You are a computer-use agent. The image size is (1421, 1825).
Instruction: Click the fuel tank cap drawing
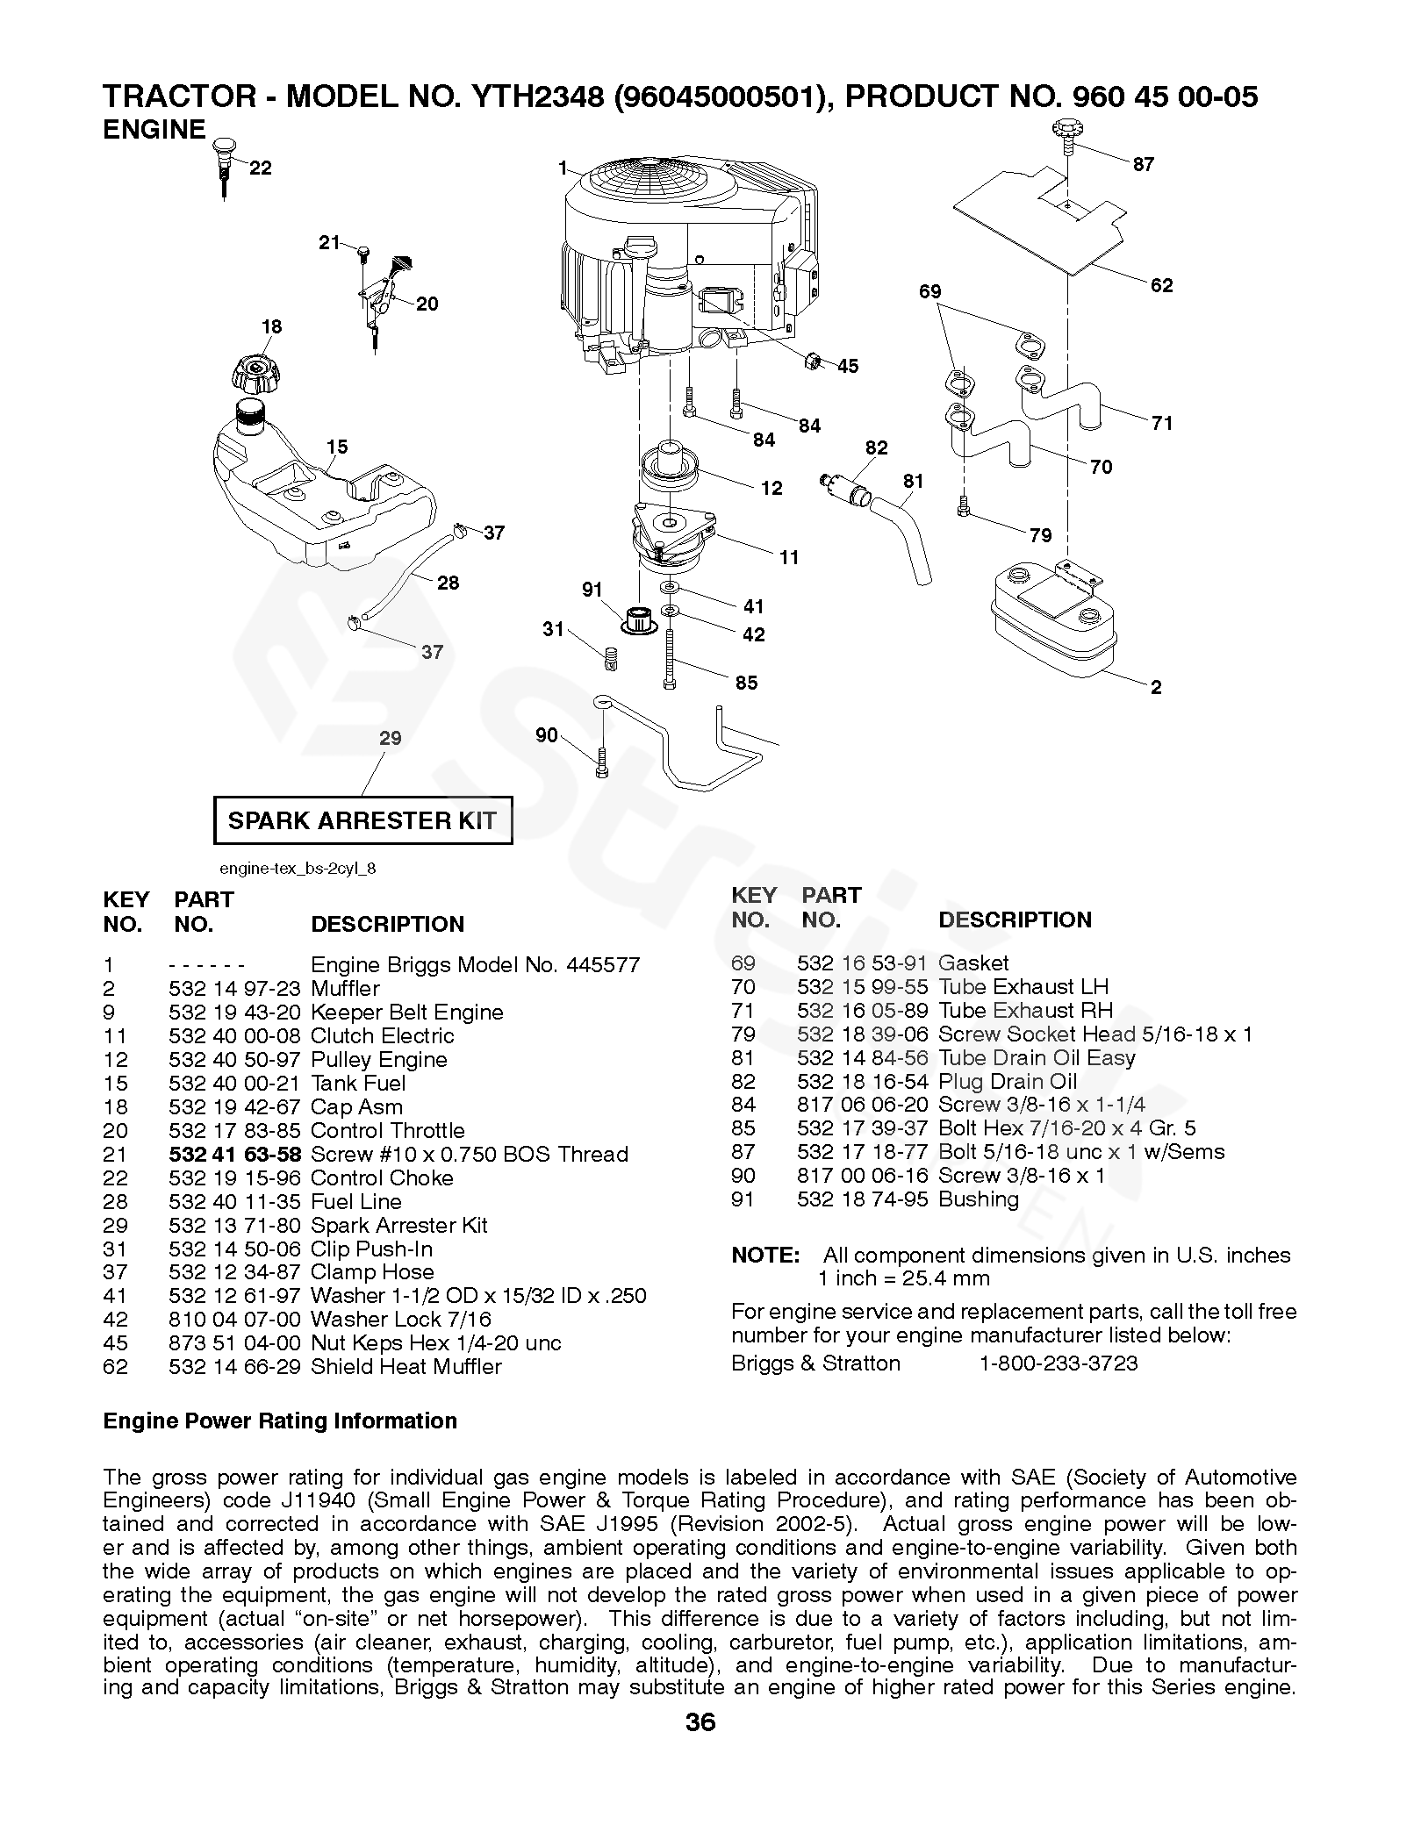pyautogui.click(x=255, y=375)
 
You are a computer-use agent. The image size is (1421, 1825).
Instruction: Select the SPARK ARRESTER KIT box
pyautogui.click(x=362, y=820)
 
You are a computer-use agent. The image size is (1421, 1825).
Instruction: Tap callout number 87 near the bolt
pyautogui.click(x=1143, y=164)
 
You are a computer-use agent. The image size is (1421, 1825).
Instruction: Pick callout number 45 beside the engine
pyautogui.click(x=847, y=366)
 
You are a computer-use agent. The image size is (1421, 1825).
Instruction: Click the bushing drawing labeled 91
pyautogui.click(x=637, y=619)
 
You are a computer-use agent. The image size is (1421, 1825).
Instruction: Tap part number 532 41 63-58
pyautogui.click(x=234, y=1155)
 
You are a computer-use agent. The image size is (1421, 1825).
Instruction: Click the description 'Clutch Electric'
pyautogui.click(x=382, y=1036)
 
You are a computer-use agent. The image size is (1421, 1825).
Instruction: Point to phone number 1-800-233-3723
pyautogui.click(x=1058, y=1363)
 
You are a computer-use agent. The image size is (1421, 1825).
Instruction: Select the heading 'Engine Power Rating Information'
pyautogui.click(x=280, y=1421)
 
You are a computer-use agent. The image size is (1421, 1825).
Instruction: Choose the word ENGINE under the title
pyautogui.click(x=154, y=130)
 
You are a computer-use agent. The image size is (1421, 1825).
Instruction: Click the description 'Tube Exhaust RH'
pyautogui.click(x=1025, y=1011)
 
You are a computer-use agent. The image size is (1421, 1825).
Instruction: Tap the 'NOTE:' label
pyautogui.click(x=764, y=1256)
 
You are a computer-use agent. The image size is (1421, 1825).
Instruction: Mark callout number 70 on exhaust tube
pyautogui.click(x=1101, y=467)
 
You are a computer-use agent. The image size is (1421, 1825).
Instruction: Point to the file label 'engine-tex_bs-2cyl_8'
pyautogui.click(x=298, y=869)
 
